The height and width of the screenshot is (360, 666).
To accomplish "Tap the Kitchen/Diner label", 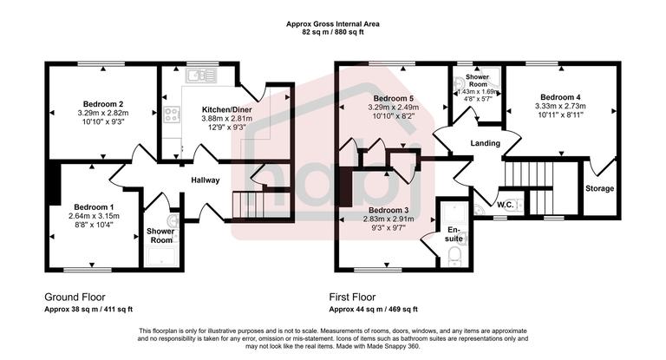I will (x=213, y=109).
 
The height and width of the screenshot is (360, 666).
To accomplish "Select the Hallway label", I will (x=206, y=180).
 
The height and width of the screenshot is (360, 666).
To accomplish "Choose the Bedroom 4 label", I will (x=559, y=97).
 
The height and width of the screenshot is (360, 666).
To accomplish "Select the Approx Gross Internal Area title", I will (x=332, y=23).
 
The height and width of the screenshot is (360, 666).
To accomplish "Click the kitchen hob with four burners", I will (x=171, y=114).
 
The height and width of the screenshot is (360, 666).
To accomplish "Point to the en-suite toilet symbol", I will (x=454, y=253).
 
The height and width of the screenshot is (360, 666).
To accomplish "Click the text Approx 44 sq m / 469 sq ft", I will (x=373, y=309).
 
